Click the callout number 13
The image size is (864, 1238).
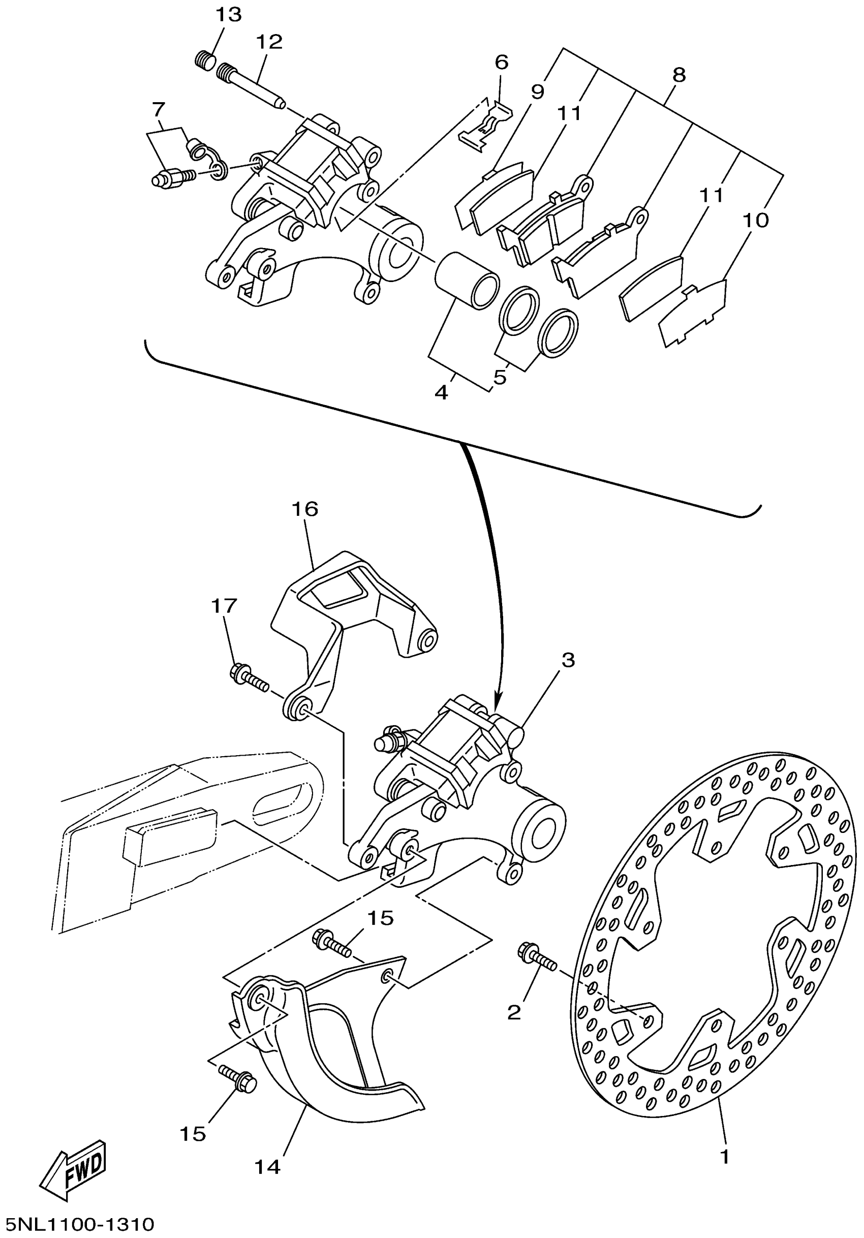coord(228,15)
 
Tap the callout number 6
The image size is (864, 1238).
coord(501,62)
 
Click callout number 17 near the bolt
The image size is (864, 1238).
coord(224,606)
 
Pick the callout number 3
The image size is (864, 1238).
coord(567,660)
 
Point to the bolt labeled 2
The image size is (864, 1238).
coord(536,970)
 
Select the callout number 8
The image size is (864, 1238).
coord(679,75)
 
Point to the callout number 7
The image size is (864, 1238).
coord(158,110)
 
